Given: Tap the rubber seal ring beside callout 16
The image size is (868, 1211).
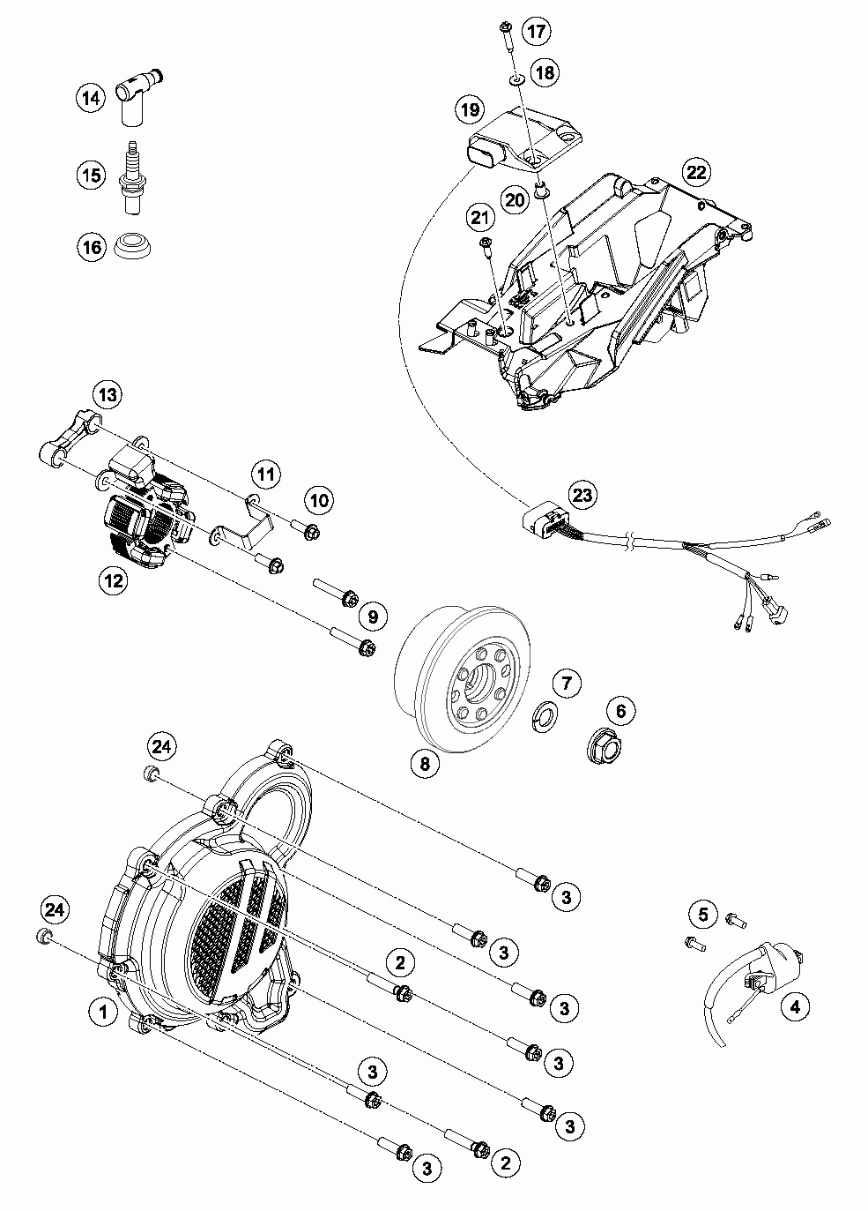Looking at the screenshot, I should (x=134, y=244).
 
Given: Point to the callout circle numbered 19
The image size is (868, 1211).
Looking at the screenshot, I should (x=470, y=109).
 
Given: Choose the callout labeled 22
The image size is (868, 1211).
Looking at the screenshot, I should (x=696, y=171).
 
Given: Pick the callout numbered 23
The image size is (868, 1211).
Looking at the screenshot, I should (x=582, y=494).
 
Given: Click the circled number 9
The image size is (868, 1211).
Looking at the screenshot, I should (x=372, y=616).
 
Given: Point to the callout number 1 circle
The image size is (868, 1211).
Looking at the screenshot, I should (x=104, y=1012).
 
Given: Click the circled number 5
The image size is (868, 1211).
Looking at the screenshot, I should (x=703, y=914).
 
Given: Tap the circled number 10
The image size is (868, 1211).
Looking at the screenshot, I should (x=319, y=500).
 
